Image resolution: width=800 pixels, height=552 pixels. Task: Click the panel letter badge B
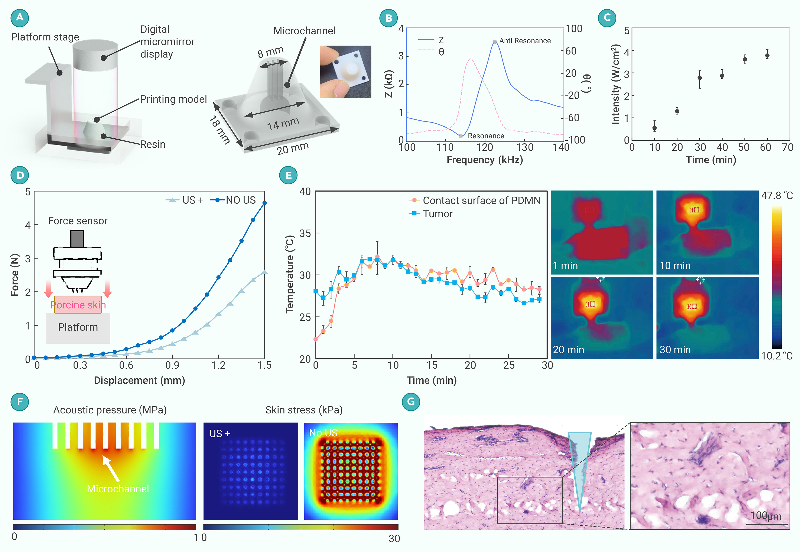(388, 18)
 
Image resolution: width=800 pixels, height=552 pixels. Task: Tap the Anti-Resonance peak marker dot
(495, 41)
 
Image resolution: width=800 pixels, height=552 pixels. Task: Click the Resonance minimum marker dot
(461, 136)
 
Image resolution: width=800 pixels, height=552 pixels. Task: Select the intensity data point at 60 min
(767, 55)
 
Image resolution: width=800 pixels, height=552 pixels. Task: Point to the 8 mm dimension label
(270, 52)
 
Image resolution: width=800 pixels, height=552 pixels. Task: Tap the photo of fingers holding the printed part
(345, 72)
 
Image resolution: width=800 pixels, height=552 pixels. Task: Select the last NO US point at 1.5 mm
(265, 203)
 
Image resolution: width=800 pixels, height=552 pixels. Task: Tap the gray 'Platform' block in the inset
(78, 327)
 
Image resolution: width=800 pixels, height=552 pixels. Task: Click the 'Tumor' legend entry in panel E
(437, 214)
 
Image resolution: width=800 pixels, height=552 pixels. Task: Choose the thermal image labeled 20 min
(602, 317)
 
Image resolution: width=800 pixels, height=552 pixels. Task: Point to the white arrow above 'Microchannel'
(111, 468)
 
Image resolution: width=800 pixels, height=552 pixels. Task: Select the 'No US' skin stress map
(351, 471)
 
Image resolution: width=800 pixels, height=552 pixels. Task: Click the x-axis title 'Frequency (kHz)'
(485, 160)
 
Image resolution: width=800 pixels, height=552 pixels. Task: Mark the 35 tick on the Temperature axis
(305, 233)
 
